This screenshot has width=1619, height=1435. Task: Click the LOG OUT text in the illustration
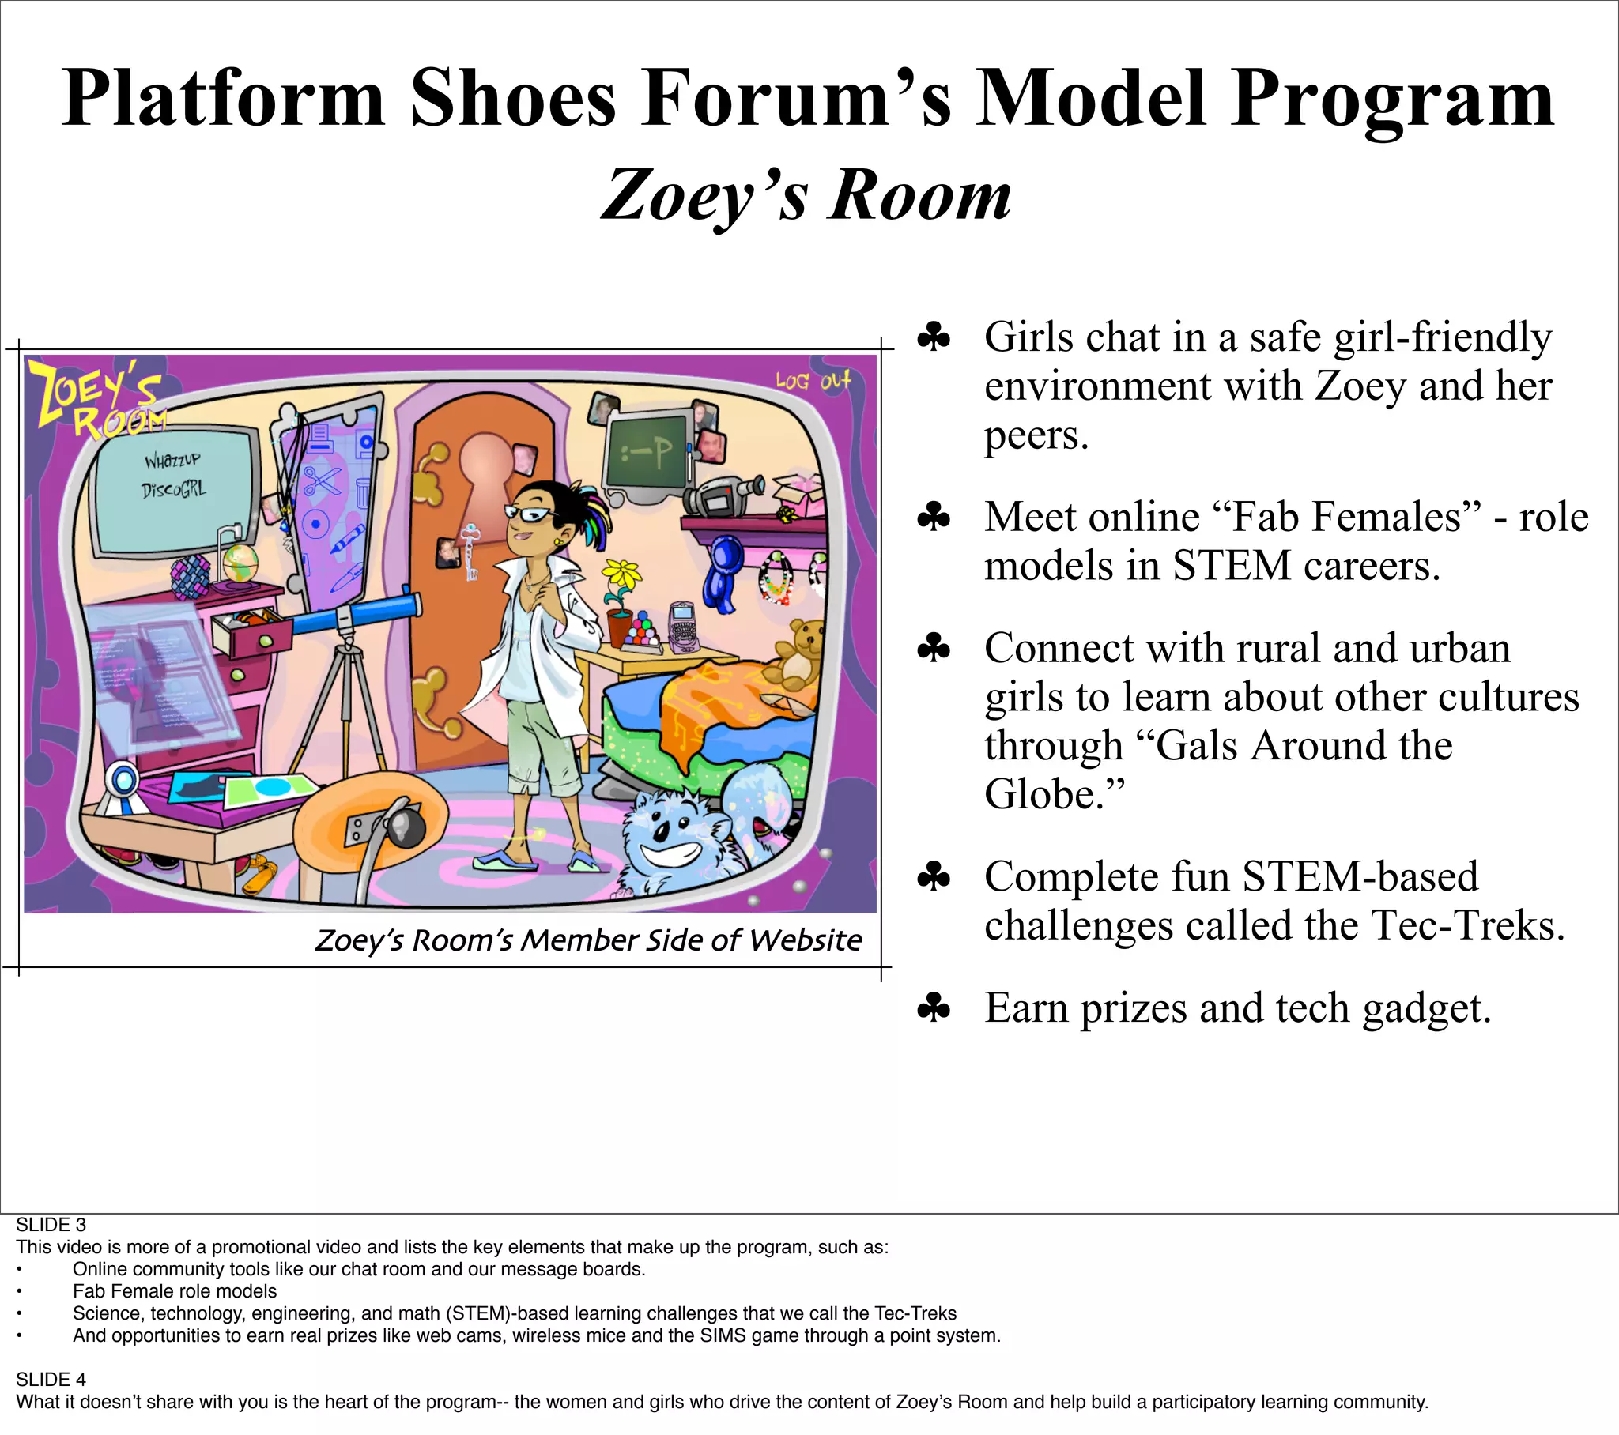(x=813, y=381)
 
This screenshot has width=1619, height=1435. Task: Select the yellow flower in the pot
(x=622, y=574)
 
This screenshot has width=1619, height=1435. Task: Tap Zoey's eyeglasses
(x=529, y=514)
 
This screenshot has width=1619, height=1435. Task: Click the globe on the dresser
(x=240, y=563)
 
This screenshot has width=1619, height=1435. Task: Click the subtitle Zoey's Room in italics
(x=806, y=196)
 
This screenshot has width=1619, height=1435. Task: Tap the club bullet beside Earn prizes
(x=934, y=1008)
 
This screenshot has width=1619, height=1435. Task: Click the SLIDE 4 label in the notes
(x=51, y=1380)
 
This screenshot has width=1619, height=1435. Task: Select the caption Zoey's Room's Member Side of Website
(x=587, y=940)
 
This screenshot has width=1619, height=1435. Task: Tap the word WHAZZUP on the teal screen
(x=172, y=460)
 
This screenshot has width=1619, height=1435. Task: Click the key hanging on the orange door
(x=471, y=551)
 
